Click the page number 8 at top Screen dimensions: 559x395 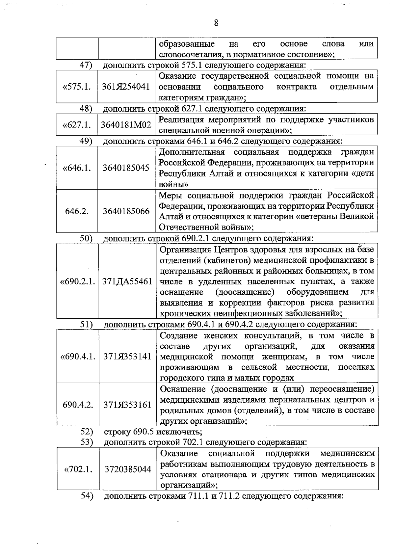click(216, 23)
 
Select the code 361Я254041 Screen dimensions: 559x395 click(126, 87)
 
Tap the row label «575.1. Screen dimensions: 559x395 click(76, 87)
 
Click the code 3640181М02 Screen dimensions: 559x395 click(126, 125)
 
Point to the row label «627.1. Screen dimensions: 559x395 click(76, 125)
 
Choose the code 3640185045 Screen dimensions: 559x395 click(126, 168)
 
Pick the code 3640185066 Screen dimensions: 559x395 click(126, 211)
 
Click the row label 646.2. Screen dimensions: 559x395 click(77, 211)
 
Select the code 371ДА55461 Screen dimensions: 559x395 click(127, 281)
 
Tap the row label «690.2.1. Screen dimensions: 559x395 click(77, 281)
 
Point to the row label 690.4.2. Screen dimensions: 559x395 click(78, 405)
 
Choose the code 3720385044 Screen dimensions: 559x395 click(128, 469)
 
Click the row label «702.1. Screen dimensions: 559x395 click(78, 469)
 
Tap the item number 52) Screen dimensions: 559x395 click(87, 431)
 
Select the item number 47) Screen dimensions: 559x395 click(86, 65)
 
